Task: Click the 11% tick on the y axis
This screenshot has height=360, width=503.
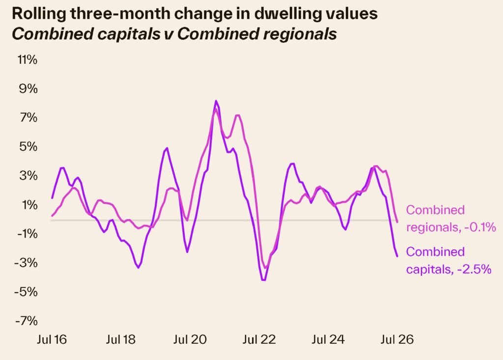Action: (28, 60)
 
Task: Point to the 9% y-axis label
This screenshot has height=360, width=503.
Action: (28, 88)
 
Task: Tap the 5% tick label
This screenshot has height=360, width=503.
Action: (28, 147)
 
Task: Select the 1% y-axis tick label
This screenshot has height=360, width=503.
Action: (29, 205)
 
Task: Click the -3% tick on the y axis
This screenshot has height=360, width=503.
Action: (26, 263)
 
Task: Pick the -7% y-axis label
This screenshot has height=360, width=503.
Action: (26, 321)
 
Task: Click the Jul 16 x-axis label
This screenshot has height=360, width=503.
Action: (52, 339)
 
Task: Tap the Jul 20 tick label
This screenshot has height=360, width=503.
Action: (190, 339)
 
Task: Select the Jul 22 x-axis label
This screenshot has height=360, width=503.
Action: (259, 339)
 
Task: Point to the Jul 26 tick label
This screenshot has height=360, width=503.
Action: (397, 339)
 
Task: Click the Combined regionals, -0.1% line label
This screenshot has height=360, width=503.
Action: (451, 219)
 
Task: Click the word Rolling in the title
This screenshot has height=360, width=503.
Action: (39, 14)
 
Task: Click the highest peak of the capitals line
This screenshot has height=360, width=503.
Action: (216, 101)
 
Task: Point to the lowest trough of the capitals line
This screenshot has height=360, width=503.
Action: (264, 280)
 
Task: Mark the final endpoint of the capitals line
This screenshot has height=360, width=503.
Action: (397, 256)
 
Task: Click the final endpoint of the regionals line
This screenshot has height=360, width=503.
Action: (397, 222)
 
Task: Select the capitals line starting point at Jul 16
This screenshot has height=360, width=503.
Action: (52, 198)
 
